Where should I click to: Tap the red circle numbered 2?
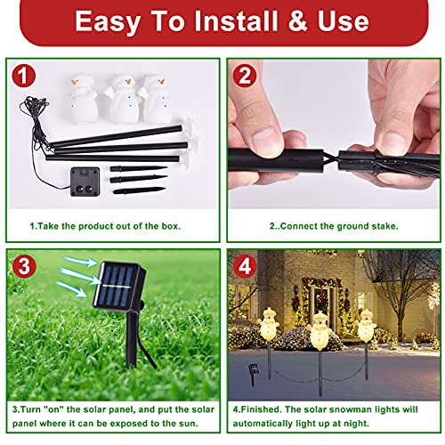247,77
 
